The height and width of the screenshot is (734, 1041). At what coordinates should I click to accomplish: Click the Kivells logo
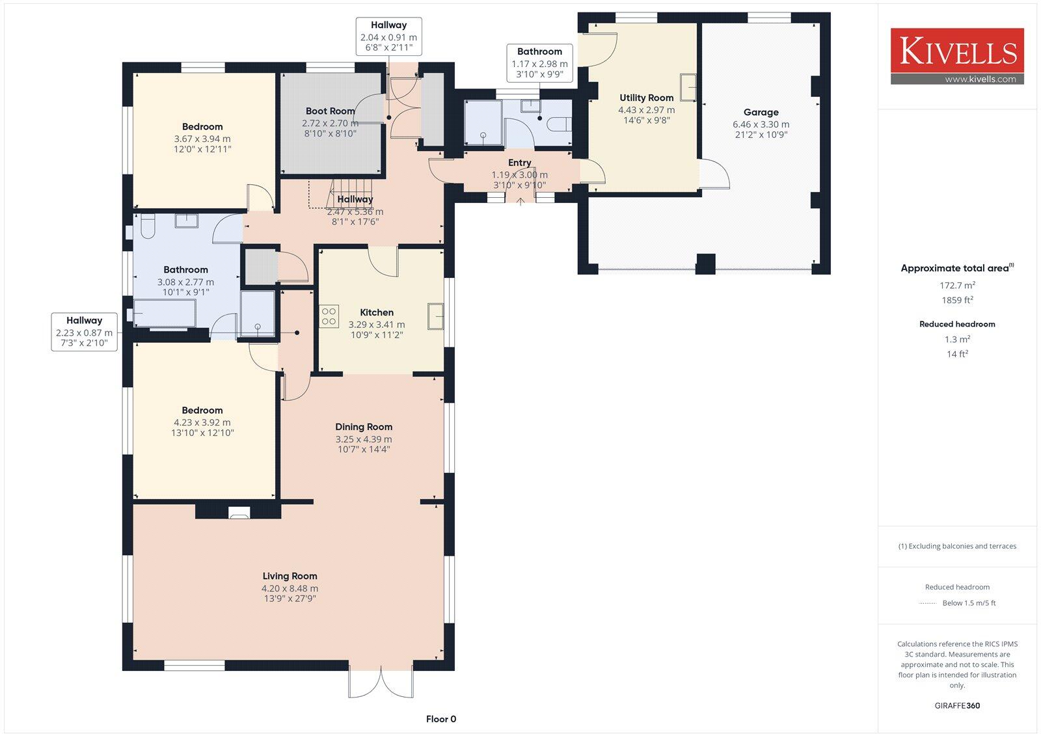coord(957,55)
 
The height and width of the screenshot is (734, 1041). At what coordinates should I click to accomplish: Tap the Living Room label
coord(290,576)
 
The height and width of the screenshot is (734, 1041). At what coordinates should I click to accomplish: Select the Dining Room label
coord(364,427)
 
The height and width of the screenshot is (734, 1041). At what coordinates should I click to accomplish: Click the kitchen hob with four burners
coord(329,316)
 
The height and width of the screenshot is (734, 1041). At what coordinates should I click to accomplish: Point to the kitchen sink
coord(436,316)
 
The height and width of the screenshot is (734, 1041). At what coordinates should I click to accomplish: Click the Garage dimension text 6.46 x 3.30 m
coord(761,124)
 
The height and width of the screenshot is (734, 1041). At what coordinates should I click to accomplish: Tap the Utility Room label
coord(646,98)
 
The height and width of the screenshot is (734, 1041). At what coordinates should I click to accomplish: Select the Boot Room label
coord(330,111)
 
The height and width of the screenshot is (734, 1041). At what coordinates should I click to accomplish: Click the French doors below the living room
coord(381,682)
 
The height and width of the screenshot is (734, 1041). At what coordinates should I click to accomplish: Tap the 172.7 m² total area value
coord(957,285)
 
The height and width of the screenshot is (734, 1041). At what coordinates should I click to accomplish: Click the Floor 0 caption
coord(441,719)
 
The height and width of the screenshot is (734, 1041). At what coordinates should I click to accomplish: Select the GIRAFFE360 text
coord(957,705)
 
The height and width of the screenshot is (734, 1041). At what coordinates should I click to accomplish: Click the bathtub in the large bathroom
coord(164,313)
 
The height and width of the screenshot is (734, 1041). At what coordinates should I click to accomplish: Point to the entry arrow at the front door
coord(520,201)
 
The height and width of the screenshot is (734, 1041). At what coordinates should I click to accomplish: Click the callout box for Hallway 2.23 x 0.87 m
coord(84,332)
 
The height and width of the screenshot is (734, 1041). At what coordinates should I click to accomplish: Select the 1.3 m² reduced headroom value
coord(957,339)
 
